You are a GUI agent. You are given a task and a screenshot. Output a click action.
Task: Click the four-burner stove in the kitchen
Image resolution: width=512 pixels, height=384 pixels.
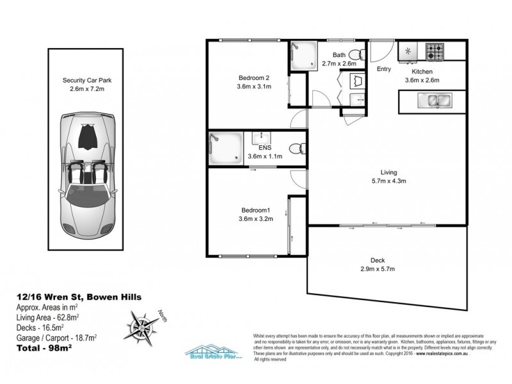click(438, 50)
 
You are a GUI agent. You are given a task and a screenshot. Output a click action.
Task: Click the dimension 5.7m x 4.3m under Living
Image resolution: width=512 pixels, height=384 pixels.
click(388, 181)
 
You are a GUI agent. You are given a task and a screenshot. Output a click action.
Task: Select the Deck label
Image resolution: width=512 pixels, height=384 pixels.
click(378, 260)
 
